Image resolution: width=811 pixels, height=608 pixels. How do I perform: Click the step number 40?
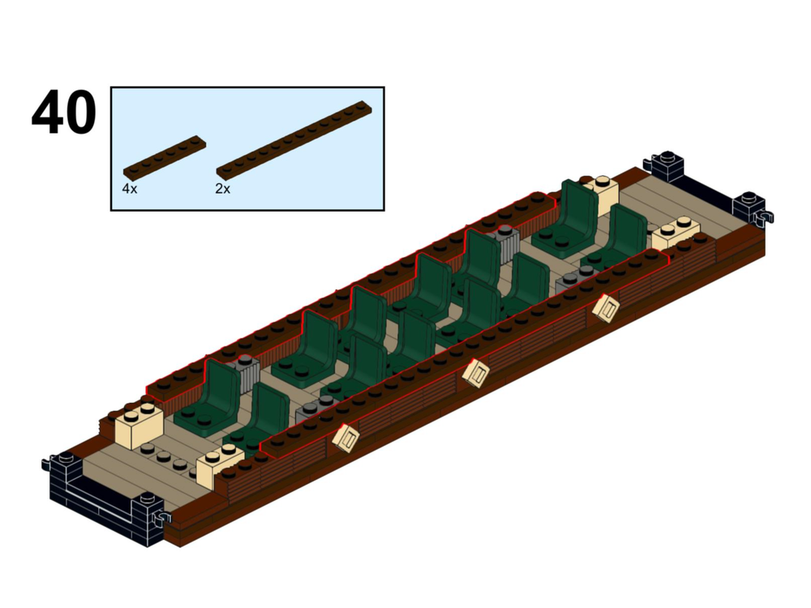pyautogui.click(x=63, y=114)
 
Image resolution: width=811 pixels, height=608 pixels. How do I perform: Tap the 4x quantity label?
pyautogui.click(x=130, y=188)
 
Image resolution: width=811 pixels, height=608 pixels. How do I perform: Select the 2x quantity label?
pyautogui.click(x=223, y=189)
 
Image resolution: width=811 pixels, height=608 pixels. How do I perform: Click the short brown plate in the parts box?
pyautogui.click(x=165, y=157)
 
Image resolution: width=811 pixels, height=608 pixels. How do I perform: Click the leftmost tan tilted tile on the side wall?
pyautogui.click(x=346, y=437)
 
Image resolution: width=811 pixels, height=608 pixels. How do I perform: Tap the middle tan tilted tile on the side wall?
pyautogui.click(x=476, y=372)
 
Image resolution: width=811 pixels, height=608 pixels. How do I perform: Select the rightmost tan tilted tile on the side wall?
pyautogui.click(x=605, y=308)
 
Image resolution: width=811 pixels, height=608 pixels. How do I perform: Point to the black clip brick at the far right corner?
pyautogui.click(x=752, y=208)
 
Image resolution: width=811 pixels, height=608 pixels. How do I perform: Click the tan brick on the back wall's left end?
pyautogui.click(x=139, y=427)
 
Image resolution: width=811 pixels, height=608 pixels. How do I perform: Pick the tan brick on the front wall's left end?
pyautogui.click(x=217, y=467)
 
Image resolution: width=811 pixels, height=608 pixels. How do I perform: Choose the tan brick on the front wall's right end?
pyautogui.click(x=676, y=234)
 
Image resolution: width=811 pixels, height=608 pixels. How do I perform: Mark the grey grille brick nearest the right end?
pyautogui.click(x=573, y=280)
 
